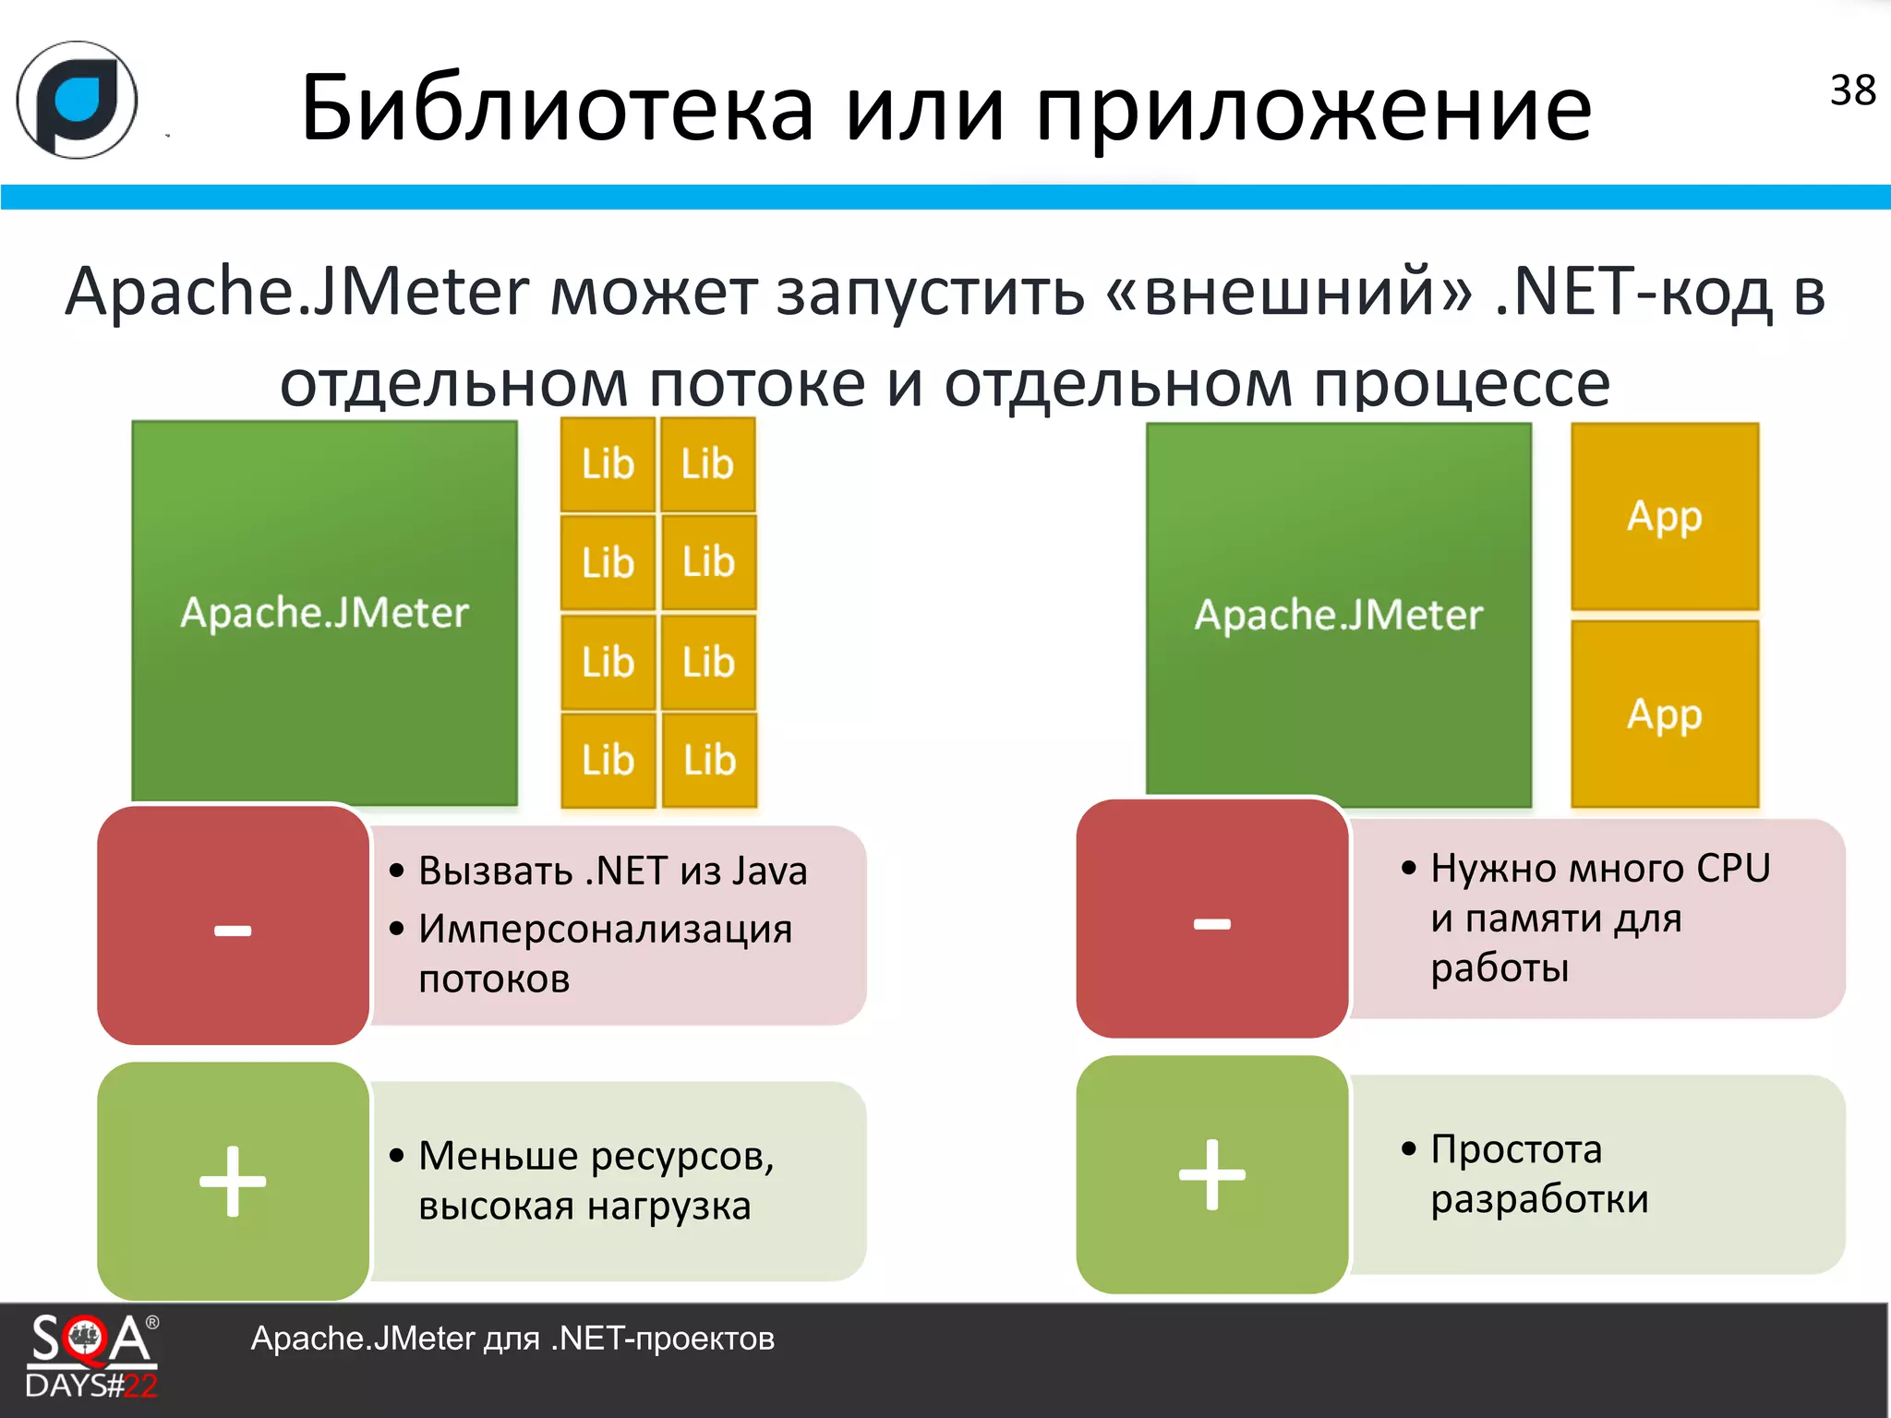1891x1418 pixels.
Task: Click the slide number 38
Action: [1852, 90]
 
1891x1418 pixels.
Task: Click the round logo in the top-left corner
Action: [78, 100]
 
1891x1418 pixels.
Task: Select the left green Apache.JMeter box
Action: [324, 613]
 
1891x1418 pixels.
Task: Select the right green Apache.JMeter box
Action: [1338, 615]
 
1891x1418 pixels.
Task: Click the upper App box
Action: [1664, 517]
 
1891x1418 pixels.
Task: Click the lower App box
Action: [1664, 715]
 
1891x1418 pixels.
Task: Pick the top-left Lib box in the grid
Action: [608, 464]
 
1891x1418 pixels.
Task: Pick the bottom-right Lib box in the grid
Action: [709, 761]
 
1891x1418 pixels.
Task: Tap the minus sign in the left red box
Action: [233, 930]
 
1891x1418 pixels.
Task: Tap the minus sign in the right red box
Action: [1211, 923]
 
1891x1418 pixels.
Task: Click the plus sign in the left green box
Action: [233, 1181]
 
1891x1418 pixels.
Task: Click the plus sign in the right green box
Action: [1211, 1174]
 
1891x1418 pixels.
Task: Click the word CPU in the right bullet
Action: [1733, 869]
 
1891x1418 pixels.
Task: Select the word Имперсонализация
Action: [605, 929]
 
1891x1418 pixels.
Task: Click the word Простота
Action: [1516, 1149]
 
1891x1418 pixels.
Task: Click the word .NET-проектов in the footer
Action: [662, 1339]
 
